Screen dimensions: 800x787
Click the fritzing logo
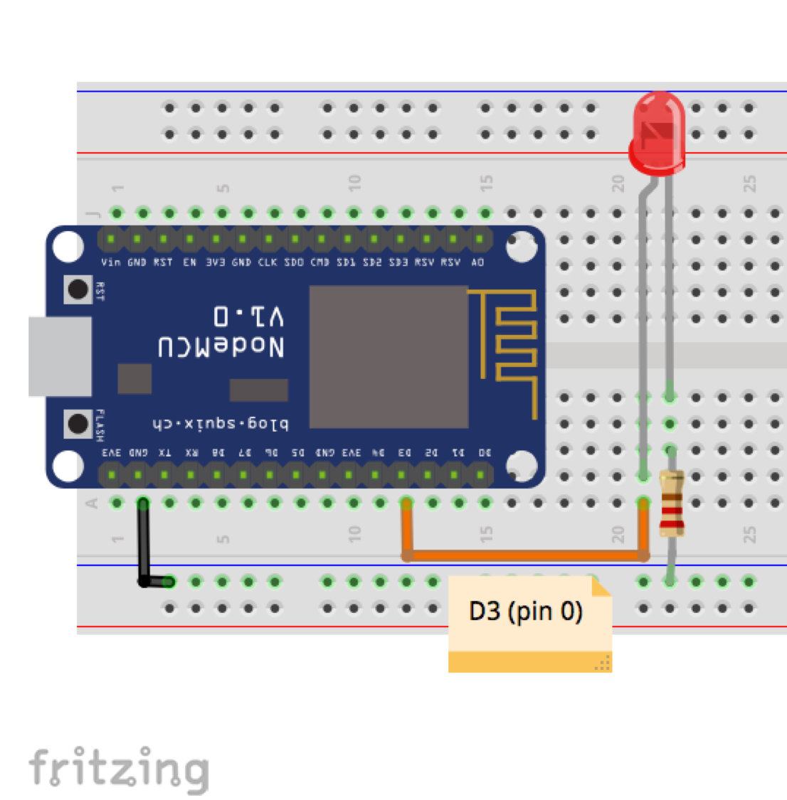119,769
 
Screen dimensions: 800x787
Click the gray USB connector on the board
60,356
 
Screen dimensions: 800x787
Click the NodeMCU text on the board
221,346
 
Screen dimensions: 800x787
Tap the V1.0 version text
248,315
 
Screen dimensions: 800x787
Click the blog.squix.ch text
220,425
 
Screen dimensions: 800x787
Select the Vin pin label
110,262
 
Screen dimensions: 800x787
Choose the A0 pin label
477,262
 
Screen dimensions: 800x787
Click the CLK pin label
268,262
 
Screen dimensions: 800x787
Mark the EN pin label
189,262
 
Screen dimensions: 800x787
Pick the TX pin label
164,453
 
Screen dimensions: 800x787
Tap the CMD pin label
319,262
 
